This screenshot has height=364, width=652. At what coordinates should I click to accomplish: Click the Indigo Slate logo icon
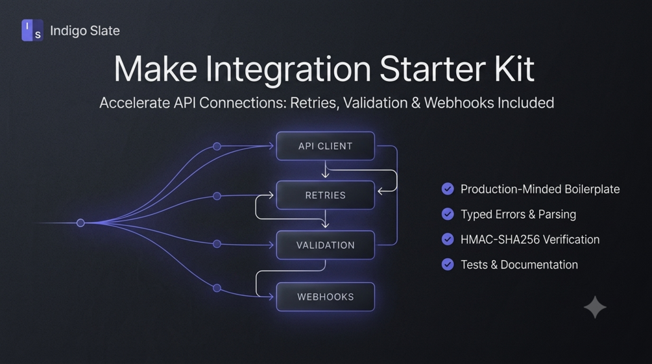32,30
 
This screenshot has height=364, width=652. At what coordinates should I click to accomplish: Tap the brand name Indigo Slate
85,30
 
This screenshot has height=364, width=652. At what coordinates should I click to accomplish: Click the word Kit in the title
514,69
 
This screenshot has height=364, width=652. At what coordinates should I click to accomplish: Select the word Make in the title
156,69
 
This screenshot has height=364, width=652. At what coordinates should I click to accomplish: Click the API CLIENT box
325,146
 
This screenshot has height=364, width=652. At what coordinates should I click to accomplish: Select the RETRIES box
325,195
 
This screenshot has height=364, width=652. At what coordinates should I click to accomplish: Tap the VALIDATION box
325,245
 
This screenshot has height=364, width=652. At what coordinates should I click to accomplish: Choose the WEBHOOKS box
325,297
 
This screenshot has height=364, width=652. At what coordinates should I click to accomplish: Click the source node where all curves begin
80,223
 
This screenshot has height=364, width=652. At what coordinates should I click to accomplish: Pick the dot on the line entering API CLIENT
217,147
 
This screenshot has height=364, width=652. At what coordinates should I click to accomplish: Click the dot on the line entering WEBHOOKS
217,288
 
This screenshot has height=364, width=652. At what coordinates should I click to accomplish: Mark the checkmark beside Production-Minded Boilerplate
448,189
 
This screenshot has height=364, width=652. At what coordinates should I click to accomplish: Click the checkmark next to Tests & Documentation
448,264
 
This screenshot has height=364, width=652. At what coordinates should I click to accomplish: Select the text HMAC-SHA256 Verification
530,239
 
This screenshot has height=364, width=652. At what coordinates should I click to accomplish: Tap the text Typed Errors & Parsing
518,214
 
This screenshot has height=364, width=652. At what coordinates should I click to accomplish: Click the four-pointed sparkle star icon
595,308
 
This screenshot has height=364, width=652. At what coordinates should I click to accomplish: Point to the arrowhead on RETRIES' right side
380,191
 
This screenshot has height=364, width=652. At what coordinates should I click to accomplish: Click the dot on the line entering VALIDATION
217,244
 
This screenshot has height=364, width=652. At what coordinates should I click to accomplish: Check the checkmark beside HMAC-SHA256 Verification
448,239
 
